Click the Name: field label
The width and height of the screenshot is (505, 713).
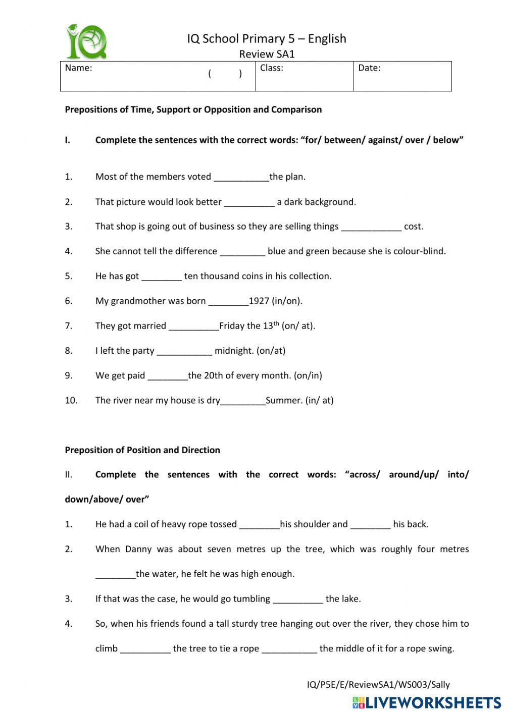[78, 68]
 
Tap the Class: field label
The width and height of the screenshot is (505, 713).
[271, 68]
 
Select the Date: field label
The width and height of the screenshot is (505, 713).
[369, 68]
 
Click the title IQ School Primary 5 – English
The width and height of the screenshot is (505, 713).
[267, 39]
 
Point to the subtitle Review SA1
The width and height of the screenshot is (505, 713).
[267, 54]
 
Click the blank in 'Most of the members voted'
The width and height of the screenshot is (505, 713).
[241, 177]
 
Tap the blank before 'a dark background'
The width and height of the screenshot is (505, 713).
[249, 202]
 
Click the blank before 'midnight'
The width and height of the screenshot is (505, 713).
[184, 351]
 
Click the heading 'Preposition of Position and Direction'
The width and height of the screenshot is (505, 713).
[142, 450]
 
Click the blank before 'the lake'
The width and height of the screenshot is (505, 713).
[298, 599]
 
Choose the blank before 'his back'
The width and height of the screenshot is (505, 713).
[370, 525]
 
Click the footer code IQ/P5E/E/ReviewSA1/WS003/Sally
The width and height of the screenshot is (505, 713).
[378, 685]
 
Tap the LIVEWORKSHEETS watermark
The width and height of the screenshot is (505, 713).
[427, 702]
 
